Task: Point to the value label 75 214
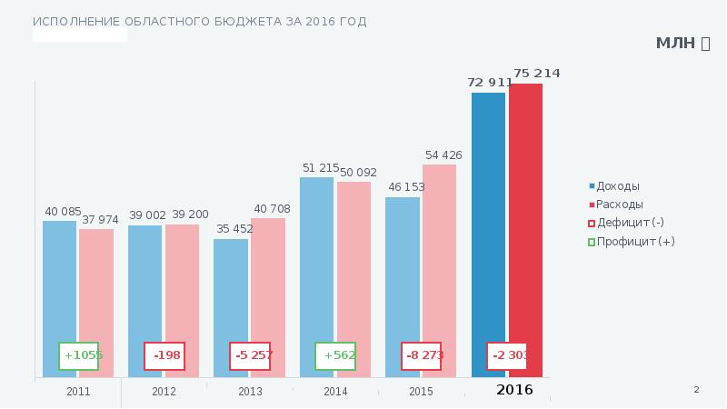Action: click(x=536, y=73)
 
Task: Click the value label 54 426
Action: click(x=443, y=155)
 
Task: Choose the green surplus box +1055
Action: click(x=79, y=355)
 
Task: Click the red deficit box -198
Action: click(x=164, y=355)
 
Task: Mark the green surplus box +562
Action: click(x=335, y=355)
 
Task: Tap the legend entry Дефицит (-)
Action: click(x=629, y=223)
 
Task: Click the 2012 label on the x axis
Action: click(x=164, y=392)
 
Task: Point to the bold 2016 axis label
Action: click(x=514, y=390)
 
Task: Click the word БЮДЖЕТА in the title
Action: click(x=214, y=21)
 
